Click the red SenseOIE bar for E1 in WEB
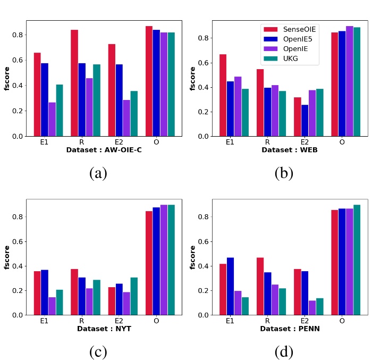pyautogui.click(x=223, y=95)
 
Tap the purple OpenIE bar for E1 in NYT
pyautogui.click(x=52, y=306)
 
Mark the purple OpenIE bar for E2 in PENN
pyautogui.click(x=312, y=307)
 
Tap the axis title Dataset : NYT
pyautogui.click(x=104, y=329)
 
